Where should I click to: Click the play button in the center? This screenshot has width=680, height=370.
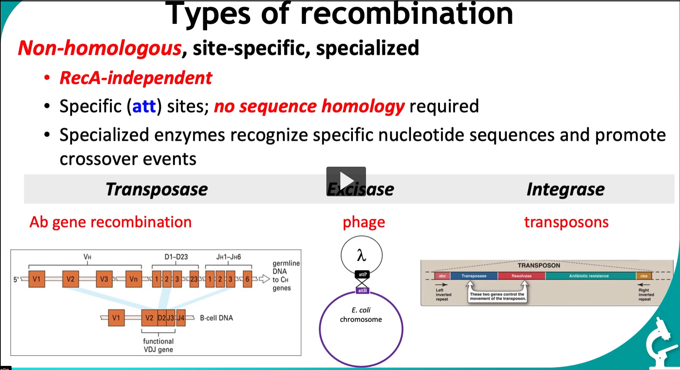coord(346,181)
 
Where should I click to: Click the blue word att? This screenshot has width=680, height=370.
coord(144,107)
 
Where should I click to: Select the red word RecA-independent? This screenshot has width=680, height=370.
coord(136,78)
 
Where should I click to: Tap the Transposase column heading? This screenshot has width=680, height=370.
coord(156,189)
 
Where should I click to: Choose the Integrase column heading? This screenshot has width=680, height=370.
coord(565,189)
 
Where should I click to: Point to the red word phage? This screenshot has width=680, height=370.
coord(364,222)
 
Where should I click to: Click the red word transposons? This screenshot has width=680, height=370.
coord(566,222)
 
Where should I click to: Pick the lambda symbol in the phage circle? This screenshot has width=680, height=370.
coord(361,256)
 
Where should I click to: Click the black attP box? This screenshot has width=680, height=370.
coord(362,275)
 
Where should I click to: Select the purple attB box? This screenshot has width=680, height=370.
coord(362,290)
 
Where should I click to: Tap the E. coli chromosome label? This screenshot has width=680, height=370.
coord(361,315)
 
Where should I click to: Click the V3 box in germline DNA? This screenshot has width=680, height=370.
coord(104,279)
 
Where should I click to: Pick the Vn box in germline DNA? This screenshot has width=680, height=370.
coord(133,279)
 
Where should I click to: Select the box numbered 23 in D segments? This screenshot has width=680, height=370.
coord(194,279)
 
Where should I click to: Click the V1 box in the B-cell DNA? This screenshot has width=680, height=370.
coord(116,318)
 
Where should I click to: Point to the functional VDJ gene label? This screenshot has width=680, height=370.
coord(158,345)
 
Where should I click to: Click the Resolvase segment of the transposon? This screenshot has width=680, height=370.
coord(521,276)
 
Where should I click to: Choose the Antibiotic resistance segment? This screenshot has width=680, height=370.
coord(589,276)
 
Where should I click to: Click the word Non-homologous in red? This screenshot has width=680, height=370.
coord(100,48)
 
